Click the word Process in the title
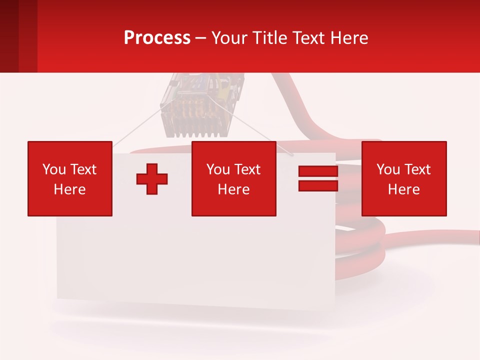click(x=157, y=38)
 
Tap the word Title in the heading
click(x=268, y=38)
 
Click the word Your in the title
click(x=229, y=38)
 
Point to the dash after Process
click(x=200, y=39)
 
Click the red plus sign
click(x=152, y=179)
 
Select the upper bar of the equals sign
click(x=318, y=172)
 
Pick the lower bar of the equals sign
click(x=318, y=185)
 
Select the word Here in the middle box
click(x=233, y=189)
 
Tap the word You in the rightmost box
click(x=388, y=169)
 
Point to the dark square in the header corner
click(x=9, y=36)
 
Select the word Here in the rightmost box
click(x=404, y=189)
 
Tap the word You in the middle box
click(x=218, y=169)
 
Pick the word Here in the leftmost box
click(x=70, y=189)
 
